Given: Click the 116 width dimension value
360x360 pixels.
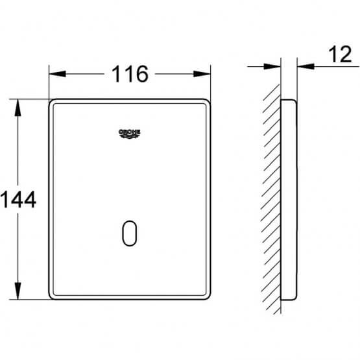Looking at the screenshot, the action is (130, 74).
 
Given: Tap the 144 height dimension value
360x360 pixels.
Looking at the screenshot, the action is (18, 200).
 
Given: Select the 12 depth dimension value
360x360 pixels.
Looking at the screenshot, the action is (340, 54).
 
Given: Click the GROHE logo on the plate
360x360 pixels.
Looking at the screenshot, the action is (129, 134).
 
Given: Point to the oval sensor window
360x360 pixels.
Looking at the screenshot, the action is (130, 234).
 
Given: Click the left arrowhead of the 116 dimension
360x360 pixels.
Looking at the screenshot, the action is (57, 74).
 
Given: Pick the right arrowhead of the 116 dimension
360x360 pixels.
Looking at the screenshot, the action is (202, 74).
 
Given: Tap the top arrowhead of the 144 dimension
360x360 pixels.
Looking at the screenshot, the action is (18, 108).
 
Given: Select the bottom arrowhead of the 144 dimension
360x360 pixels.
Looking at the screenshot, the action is (18, 291).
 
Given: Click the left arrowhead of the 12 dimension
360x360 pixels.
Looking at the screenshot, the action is (272, 67).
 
